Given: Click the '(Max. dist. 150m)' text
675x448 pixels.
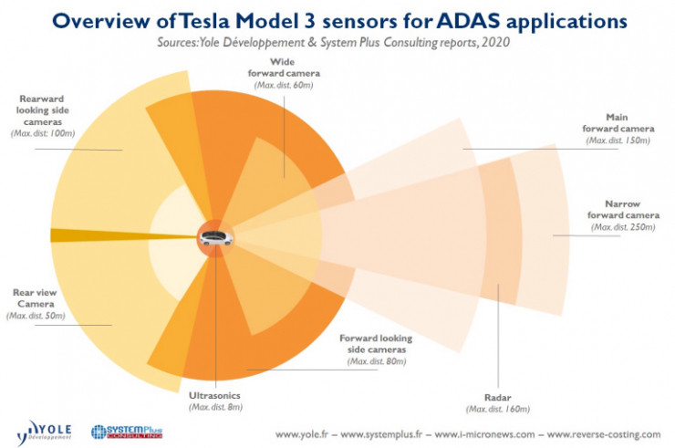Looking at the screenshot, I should pyautogui.click(x=618, y=141).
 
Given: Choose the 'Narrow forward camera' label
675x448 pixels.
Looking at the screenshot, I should pyautogui.click(x=623, y=209).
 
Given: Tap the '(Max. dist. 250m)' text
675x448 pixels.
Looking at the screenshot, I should pyautogui.click(x=623, y=226).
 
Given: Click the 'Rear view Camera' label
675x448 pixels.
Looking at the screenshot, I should pyautogui.click(x=36, y=298).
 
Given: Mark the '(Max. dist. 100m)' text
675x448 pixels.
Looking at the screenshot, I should pyautogui.click(x=43, y=134).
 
